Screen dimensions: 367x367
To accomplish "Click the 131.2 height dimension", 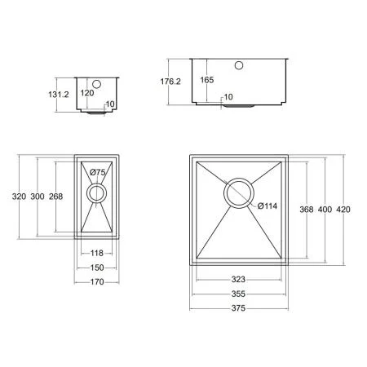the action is [59, 95].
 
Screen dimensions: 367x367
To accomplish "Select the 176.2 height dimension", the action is [170, 82].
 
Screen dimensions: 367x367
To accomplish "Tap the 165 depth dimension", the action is [207, 80].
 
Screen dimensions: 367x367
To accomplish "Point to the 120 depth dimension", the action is [87, 93].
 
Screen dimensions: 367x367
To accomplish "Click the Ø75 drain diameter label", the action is [98, 172].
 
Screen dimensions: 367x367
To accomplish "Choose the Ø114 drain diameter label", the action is [268, 206].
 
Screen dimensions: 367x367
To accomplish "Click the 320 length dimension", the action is [19, 197].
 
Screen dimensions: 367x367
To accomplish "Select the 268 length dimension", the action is [56, 197].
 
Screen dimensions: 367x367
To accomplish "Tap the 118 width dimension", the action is [97, 254].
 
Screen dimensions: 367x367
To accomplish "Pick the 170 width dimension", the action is [97, 282].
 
